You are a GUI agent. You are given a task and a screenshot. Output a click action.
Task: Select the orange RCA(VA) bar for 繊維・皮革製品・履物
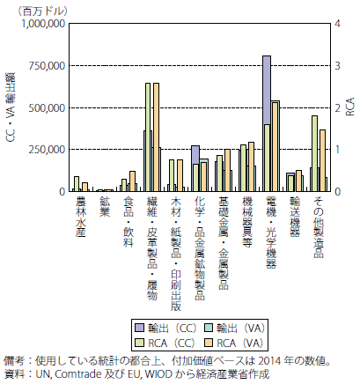[x=157, y=137]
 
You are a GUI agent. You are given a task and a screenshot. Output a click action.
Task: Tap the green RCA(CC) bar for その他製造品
[x=314, y=153]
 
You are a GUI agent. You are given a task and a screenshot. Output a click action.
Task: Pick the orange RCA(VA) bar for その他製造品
[x=322, y=160]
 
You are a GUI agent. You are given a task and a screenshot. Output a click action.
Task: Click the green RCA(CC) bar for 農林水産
[x=77, y=184]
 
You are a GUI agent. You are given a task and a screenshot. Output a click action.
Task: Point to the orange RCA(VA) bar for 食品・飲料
[x=132, y=181]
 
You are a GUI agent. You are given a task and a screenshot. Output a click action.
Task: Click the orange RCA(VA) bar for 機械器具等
[x=251, y=166]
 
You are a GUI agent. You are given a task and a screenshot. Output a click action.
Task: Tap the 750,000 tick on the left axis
[x=47, y=66]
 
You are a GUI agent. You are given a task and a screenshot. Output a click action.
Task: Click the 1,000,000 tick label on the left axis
[x=43, y=24]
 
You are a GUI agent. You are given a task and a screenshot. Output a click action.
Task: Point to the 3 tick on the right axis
[x=337, y=65]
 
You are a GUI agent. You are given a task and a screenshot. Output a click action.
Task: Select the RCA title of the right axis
[x=350, y=107]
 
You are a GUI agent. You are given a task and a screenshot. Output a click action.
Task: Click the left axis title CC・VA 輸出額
[x=11, y=107]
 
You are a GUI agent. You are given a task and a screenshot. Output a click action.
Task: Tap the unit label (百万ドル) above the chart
[x=43, y=11]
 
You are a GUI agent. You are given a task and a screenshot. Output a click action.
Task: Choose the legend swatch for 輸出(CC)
[x=139, y=328]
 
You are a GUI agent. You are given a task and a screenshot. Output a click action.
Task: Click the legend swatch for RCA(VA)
[x=208, y=343]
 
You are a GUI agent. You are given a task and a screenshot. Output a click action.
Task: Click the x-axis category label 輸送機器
[x=295, y=217]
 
